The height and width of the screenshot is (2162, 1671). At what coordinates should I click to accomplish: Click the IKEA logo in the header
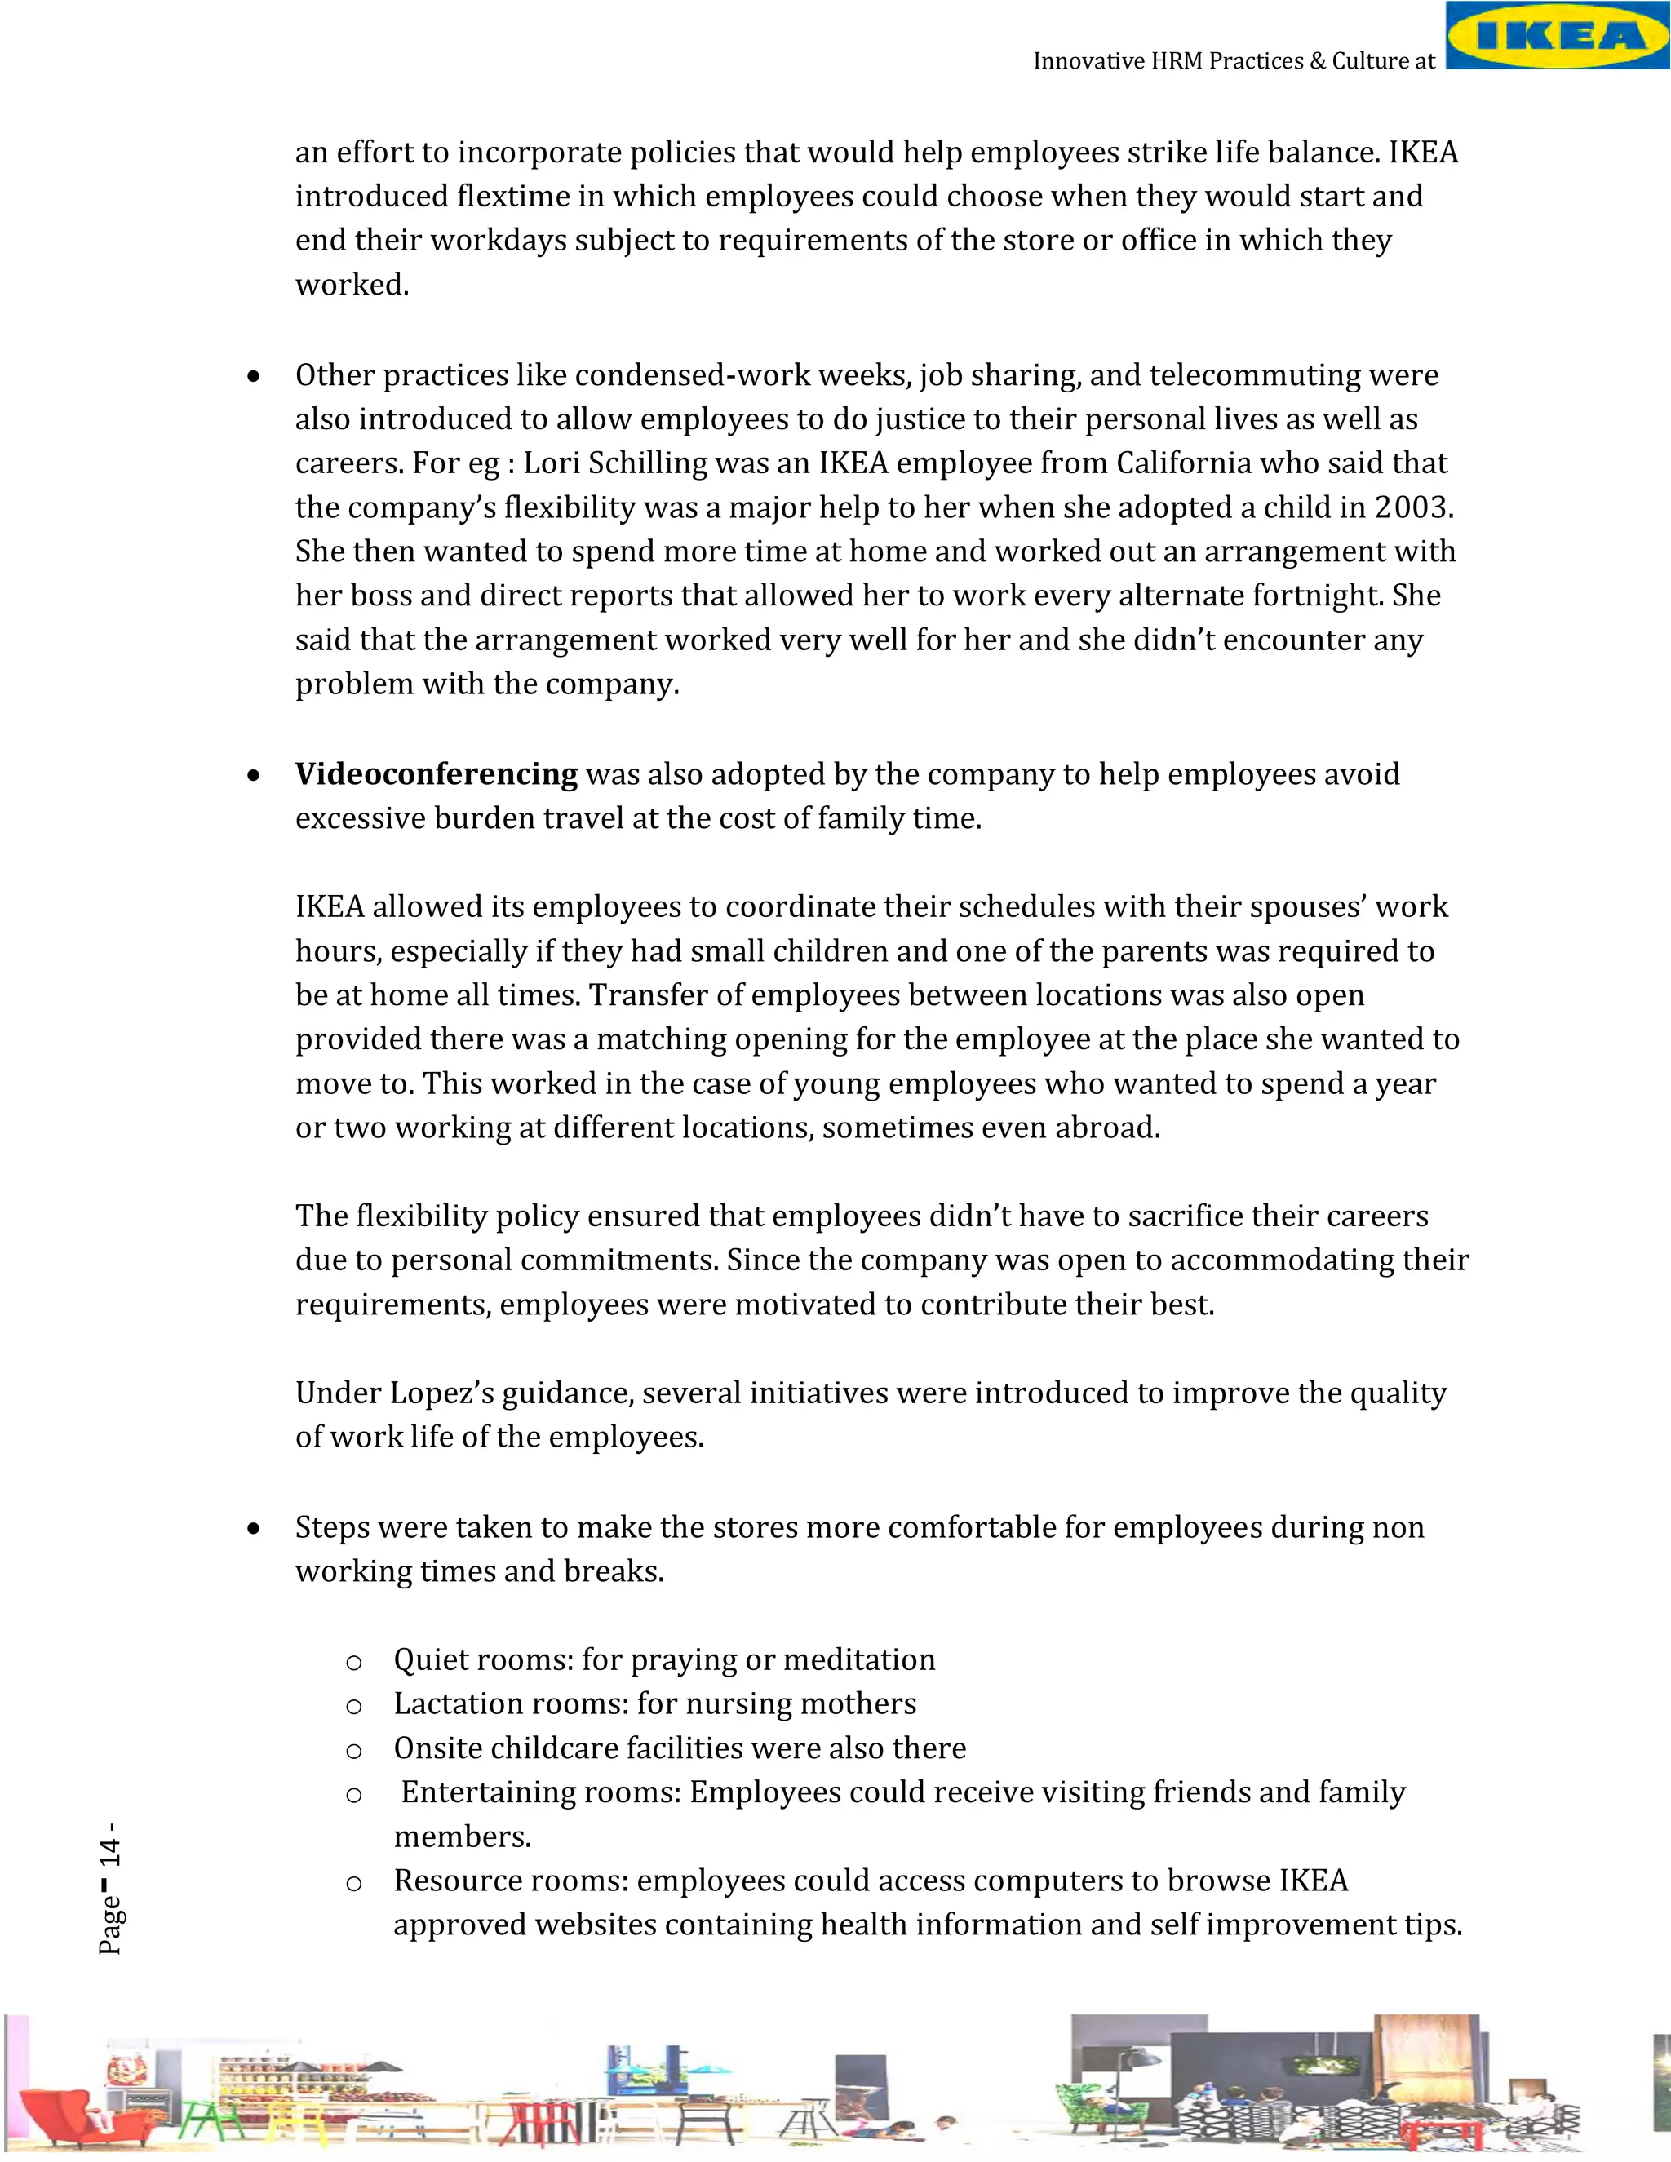coord(1557,36)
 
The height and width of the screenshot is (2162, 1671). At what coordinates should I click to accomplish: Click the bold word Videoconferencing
coord(436,774)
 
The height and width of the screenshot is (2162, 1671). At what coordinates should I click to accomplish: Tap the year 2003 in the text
coord(1411,507)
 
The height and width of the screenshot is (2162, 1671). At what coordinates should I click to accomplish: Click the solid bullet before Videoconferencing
coord(255,775)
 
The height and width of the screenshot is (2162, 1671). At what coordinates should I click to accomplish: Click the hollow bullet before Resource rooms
coord(353,1884)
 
